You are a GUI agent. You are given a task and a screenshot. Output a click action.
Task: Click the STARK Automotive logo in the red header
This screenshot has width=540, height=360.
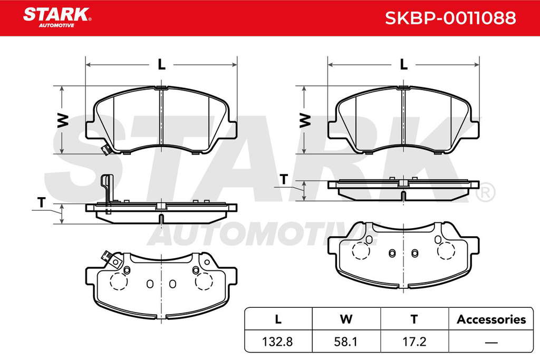click(x=57, y=18)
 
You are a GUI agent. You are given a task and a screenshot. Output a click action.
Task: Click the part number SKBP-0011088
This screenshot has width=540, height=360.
click(x=450, y=18)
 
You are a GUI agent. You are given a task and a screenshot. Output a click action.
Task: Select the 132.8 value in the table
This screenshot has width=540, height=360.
click(x=277, y=342)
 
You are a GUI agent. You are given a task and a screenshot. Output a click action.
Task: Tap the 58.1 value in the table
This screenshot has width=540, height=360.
click(x=346, y=342)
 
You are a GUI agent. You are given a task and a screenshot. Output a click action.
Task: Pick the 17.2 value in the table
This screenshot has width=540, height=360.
click(x=414, y=342)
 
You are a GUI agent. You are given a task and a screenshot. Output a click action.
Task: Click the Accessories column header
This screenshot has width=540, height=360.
click(x=491, y=319)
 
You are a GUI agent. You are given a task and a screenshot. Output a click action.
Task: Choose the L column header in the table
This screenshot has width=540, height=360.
click(x=278, y=319)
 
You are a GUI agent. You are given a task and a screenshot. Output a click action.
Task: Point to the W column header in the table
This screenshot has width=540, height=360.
click(x=346, y=319)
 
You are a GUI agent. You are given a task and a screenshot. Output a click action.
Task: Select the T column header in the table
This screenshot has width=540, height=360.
click(x=414, y=319)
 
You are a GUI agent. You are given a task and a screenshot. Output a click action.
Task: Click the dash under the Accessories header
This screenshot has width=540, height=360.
click(x=491, y=343)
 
